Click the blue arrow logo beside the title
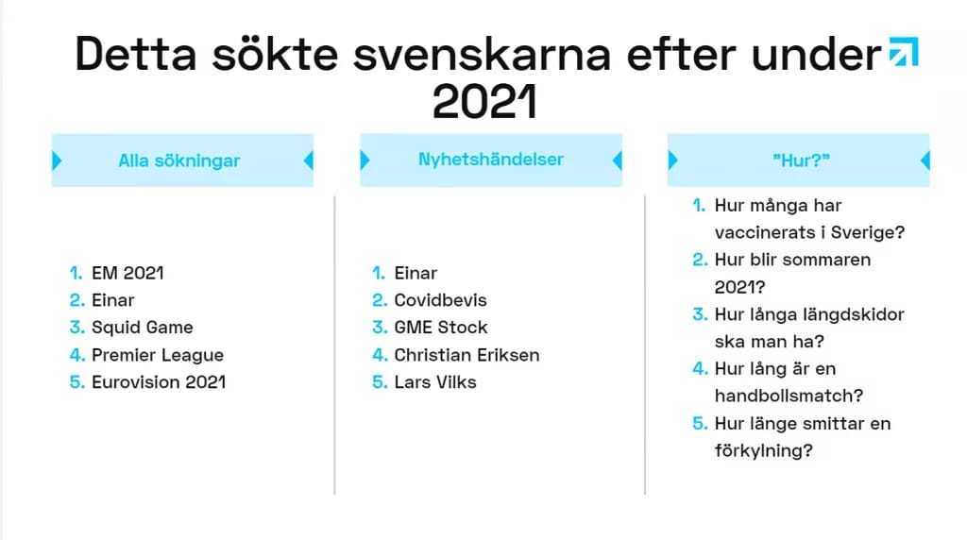click(x=904, y=51)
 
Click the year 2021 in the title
click(x=484, y=102)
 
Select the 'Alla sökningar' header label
click(x=178, y=160)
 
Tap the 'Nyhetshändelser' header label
click(x=491, y=160)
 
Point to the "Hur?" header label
click(x=801, y=160)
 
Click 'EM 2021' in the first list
click(x=127, y=273)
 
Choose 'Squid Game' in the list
click(x=143, y=328)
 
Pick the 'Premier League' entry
click(x=158, y=355)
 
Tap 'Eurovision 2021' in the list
click(x=159, y=382)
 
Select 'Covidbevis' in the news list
click(x=440, y=300)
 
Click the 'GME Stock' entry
click(x=441, y=328)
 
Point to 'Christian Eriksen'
click(x=467, y=355)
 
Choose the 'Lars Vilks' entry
click(x=435, y=382)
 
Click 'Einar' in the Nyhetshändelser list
click(x=416, y=273)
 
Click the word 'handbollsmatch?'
click(x=789, y=396)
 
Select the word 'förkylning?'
click(x=763, y=450)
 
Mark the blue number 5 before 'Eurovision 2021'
click(x=77, y=382)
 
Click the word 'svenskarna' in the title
click(x=482, y=55)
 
